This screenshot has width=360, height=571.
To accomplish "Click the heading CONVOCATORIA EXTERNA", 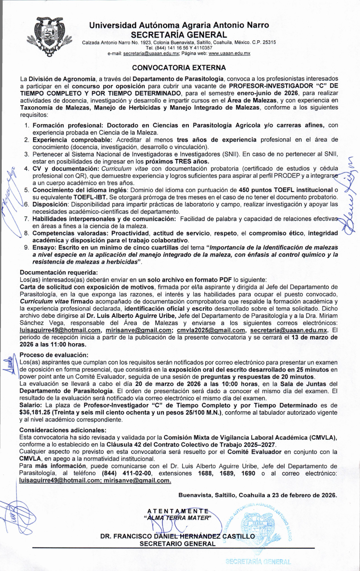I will pyautogui.click(x=178, y=68).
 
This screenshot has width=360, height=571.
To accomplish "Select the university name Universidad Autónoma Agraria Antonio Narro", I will pyautogui.click(x=179, y=25).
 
